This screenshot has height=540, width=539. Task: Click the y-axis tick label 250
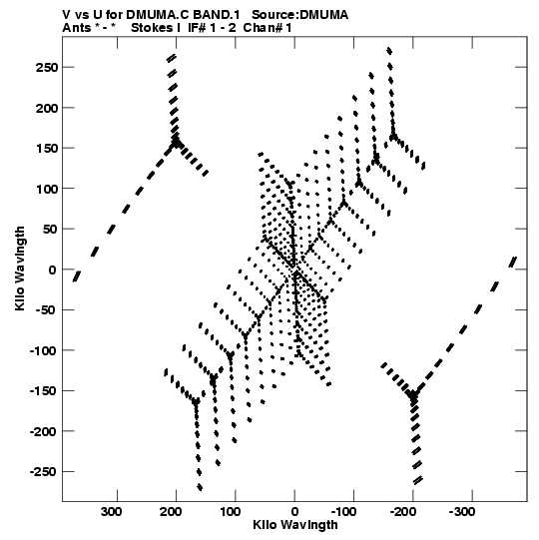[47, 67]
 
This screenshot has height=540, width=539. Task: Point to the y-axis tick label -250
[44, 471]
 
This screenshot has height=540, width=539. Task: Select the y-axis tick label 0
[53, 270]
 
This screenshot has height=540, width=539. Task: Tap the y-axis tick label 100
[47, 189]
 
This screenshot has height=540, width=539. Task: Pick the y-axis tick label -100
[44, 350]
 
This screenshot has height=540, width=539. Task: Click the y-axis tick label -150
[44, 391]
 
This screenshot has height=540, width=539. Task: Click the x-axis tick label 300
[111, 512]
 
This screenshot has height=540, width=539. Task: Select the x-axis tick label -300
[462, 512]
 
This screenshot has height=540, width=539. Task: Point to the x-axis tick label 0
[294, 512]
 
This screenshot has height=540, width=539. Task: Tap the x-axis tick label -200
[403, 512]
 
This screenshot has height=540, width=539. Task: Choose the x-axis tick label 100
[230, 512]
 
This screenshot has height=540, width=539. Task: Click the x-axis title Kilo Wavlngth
[295, 525]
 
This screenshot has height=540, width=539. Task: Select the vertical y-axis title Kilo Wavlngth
[20, 269]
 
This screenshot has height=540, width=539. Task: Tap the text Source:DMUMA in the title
[300, 15]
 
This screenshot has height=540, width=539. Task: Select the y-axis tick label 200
[47, 108]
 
